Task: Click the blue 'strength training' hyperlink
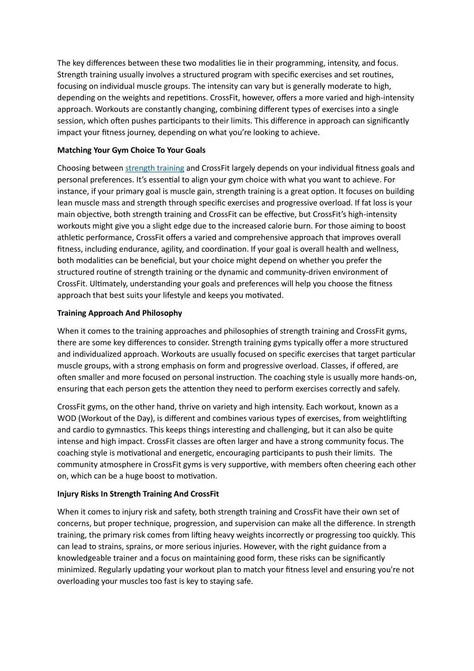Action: (154, 168)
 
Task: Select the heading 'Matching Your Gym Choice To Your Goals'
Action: (131, 150)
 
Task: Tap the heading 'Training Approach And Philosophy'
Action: (120, 313)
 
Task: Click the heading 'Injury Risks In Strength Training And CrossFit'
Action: (138, 494)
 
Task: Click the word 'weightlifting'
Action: (383, 418)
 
